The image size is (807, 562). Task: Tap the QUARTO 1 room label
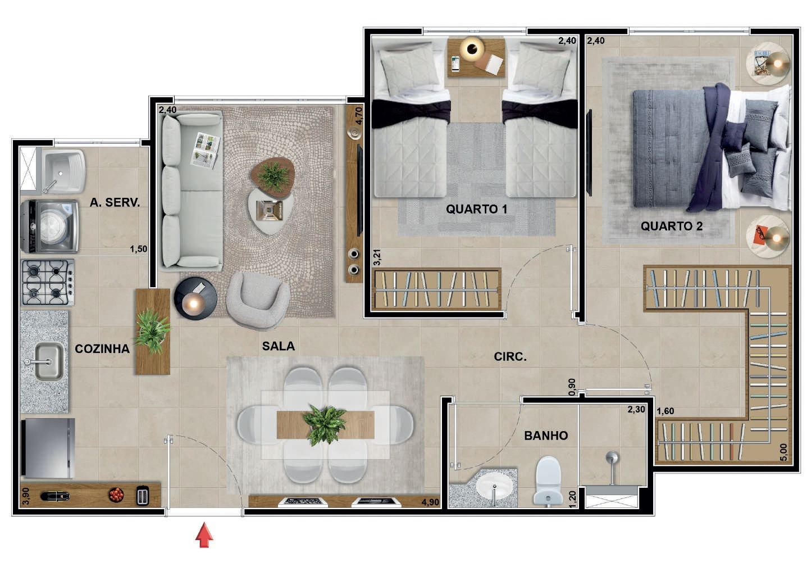[476, 209]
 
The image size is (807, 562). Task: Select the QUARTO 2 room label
[672, 226]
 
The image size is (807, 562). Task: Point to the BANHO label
[546, 436]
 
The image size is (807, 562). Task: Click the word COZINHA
[102, 348]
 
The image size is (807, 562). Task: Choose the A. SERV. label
[115, 202]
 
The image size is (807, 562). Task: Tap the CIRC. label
[510, 356]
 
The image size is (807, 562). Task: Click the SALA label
[278, 346]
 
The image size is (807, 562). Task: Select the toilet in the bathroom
[548, 480]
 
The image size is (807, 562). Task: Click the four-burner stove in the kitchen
[48, 282]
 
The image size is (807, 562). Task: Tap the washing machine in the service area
[50, 226]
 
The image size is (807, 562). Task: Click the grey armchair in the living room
[258, 301]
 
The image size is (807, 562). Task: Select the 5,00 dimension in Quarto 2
[783, 452]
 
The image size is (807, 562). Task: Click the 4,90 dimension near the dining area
[430, 502]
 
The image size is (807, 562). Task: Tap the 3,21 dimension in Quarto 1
[377, 257]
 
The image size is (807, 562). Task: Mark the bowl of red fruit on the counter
[116, 495]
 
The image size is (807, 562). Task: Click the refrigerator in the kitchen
[48, 448]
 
